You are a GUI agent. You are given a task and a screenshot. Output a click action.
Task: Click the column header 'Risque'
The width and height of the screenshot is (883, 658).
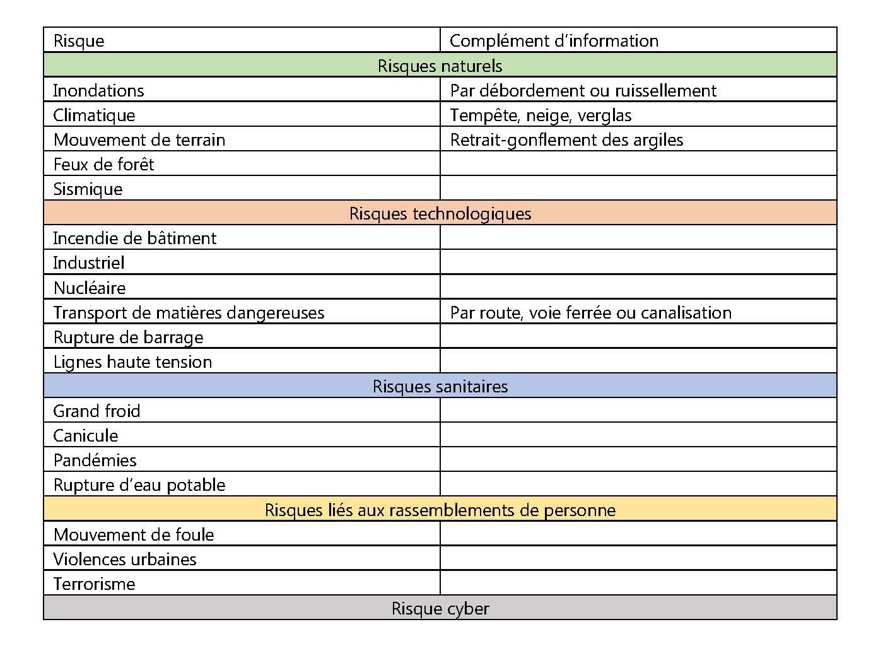[79, 41]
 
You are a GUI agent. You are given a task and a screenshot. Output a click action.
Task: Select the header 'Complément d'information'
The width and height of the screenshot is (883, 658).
[554, 41]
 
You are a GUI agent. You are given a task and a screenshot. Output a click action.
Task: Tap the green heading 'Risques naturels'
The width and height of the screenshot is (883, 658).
[440, 66]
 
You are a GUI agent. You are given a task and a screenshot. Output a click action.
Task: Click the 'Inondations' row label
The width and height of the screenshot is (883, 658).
[98, 91]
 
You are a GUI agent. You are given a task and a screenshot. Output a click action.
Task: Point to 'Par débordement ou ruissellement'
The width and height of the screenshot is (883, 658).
[583, 91]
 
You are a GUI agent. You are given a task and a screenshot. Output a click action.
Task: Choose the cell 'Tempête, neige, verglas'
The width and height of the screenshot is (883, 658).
[541, 115]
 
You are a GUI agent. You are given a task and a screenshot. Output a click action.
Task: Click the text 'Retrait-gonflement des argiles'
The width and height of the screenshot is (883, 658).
[566, 140]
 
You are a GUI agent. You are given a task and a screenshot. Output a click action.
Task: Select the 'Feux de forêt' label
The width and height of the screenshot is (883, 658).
[103, 165]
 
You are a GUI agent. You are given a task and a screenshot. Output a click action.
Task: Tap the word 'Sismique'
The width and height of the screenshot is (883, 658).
[88, 189]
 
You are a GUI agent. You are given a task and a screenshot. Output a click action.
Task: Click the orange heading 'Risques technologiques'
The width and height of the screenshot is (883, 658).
[440, 214]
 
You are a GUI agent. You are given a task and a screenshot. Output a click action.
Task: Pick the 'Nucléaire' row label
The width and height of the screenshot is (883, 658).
[90, 288]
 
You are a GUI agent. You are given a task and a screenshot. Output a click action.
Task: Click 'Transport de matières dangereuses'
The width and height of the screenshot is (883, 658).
[189, 313]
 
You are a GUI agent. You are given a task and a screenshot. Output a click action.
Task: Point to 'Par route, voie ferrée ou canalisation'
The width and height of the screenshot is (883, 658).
[590, 313]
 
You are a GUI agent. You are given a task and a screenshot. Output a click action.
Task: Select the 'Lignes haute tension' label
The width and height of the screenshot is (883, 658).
[132, 362]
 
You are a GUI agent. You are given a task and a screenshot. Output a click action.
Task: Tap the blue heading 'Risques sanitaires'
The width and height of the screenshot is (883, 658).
[440, 387]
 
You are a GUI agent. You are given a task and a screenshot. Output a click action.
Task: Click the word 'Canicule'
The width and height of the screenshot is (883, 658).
[85, 436]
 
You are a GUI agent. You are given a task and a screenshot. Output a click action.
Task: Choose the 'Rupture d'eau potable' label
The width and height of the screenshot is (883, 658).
[139, 485]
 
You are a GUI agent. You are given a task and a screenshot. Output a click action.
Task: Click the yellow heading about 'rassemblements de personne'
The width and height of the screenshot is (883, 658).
[440, 510]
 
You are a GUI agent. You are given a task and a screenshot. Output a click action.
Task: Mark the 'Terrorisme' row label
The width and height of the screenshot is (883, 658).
[94, 584]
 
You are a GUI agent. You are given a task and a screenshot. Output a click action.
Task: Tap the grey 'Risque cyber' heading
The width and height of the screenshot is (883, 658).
[440, 609]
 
